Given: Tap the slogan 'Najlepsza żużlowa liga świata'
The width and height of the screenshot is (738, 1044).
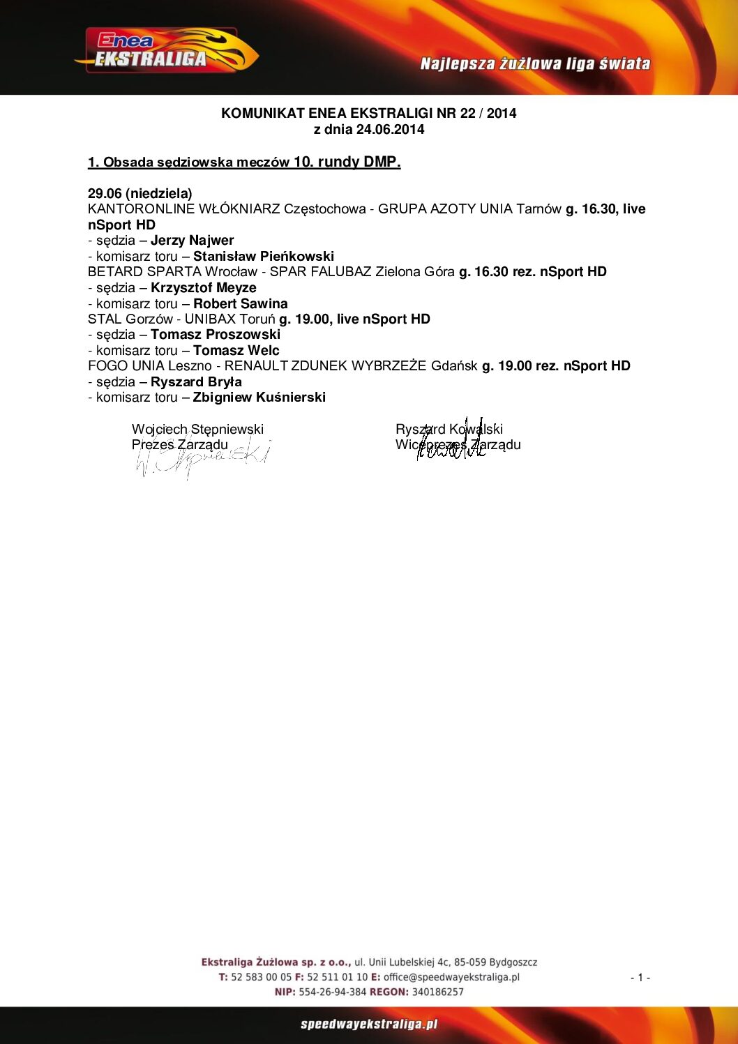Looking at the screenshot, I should coord(535,64).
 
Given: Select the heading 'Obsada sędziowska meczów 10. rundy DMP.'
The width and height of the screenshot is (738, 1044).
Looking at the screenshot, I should coord(244,162).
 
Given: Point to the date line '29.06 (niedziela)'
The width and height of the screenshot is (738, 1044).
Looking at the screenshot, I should coord(140,193).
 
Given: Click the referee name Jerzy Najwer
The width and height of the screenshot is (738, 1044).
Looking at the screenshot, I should coord(192,241).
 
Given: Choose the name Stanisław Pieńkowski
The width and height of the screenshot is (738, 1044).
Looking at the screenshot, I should coord(263,257).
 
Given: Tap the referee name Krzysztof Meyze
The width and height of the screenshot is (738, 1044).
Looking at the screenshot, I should coord(203,288).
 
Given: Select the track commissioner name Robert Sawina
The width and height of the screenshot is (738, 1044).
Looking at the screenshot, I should coord(240,304).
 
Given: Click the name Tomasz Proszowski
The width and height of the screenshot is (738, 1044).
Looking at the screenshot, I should coord(215,335).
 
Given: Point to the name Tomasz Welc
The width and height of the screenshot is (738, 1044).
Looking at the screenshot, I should coord(236,351).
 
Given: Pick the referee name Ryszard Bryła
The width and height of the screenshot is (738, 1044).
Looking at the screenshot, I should coord(196,382).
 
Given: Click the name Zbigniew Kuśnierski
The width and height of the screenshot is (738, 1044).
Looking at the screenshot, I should coord(259,398).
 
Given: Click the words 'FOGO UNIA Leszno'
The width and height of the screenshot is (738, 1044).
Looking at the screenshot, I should coord(149,366).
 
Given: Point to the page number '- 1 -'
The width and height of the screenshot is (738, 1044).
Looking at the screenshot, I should coord(640,978).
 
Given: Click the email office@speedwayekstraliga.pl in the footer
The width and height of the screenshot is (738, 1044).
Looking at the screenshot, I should coord(451,977).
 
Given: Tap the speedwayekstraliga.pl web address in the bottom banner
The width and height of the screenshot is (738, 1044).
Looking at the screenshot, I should coord(369,1024).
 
